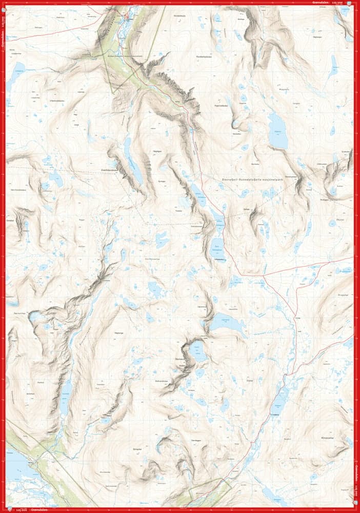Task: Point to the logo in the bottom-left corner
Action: pos(10,510)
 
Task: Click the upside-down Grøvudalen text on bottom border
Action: pos(38,510)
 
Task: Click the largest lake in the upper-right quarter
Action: pos(277,131)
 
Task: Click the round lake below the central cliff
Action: pos(197,352)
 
